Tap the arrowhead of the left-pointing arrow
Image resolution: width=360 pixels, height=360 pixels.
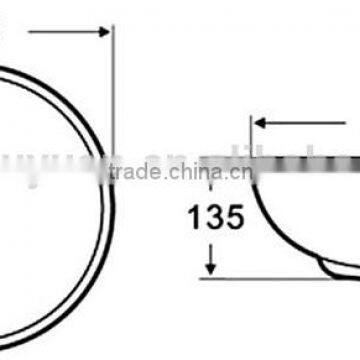point(258,124)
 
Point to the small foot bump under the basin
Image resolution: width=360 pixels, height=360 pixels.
point(329,267)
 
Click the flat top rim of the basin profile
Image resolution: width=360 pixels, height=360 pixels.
point(300,159)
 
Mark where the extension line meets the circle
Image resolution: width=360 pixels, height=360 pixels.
point(112,160)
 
